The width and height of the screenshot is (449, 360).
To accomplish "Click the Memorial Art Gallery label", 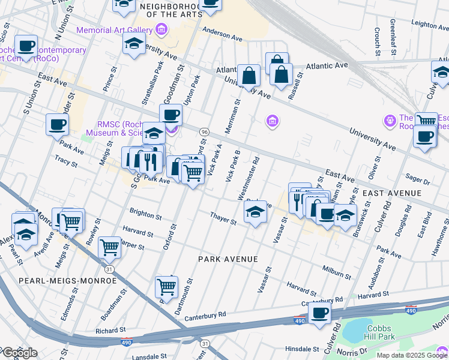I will (114, 30).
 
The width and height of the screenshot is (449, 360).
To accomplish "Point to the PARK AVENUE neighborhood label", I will (228, 259).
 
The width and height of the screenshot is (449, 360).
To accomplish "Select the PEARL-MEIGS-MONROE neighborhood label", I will (53, 280).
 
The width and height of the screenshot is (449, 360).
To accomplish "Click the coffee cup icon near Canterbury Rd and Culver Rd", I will (319, 313).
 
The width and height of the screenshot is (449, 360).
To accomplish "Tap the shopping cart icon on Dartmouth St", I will (166, 287).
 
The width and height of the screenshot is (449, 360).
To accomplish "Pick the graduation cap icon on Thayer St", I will (255, 212).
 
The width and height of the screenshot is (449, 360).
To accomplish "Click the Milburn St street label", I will (336, 272).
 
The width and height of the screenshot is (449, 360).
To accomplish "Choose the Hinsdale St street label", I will (302, 349).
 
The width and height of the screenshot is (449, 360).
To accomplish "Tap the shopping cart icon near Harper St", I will (109, 245).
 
